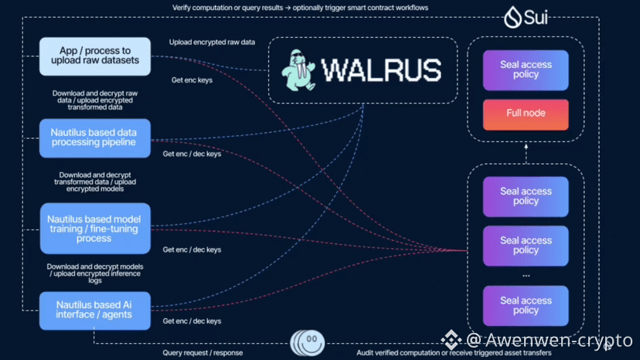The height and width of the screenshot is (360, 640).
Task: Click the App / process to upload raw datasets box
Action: (95, 56)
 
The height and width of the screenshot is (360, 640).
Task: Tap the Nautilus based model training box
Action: (94, 229)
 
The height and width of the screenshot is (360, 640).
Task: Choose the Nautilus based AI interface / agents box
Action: (96, 308)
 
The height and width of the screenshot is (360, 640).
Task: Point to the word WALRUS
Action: (380, 70)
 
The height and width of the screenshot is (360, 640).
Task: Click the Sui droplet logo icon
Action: (511, 17)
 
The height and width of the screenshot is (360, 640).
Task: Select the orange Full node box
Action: (526, 114)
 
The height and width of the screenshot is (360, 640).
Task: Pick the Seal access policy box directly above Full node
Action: (526, 70)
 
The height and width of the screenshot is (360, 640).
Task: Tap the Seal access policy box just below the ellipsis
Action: (526, 305)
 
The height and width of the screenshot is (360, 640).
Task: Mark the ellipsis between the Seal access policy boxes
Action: (526, 274)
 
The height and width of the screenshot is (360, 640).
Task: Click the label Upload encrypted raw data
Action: (211, 42)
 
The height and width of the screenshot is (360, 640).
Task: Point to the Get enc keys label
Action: (192, 80)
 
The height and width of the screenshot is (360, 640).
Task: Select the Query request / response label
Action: (203, 352)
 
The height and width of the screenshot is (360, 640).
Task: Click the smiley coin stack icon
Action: (308, 341)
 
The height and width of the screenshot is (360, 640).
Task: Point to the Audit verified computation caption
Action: (454, 352)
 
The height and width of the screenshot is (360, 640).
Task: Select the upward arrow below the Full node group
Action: (526, 153)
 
